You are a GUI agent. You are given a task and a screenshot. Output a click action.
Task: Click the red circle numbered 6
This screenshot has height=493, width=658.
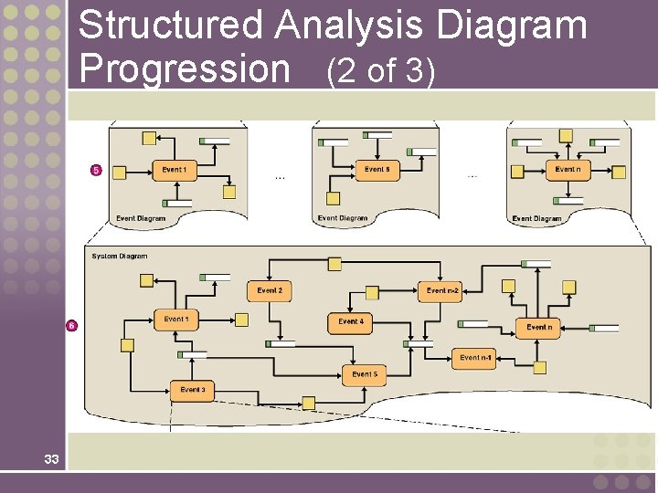70,326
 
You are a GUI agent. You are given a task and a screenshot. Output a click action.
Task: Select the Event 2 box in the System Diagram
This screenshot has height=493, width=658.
270,291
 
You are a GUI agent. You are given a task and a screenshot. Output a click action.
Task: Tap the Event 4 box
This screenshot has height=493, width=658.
351,322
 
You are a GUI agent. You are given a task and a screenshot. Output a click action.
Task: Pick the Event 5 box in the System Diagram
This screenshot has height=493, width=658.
365,374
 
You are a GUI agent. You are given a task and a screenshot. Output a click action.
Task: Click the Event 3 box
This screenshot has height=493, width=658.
192,391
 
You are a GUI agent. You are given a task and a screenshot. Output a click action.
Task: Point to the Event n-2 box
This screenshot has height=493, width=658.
442,291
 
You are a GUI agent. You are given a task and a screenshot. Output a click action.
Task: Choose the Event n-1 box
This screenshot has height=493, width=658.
475,359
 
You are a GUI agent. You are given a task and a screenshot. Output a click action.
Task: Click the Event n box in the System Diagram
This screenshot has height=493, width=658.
538,327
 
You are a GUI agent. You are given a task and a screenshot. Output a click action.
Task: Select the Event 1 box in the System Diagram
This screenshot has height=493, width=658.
175,320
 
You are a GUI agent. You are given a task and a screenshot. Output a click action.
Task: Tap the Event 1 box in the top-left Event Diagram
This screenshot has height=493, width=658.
174,171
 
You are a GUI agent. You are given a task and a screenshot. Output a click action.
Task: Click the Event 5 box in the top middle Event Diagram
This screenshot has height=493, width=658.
377,170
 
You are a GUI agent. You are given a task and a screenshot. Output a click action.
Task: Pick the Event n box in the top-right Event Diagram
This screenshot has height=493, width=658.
568,170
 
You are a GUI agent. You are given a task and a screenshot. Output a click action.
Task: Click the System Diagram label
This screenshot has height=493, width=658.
119,257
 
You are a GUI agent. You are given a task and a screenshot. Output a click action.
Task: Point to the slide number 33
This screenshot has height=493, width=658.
50,459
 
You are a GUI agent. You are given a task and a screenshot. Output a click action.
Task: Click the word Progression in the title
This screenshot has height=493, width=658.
184,68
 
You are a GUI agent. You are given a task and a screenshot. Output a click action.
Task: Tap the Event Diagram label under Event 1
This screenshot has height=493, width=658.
141,218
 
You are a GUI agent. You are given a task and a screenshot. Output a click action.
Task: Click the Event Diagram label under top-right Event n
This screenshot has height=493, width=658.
536,219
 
